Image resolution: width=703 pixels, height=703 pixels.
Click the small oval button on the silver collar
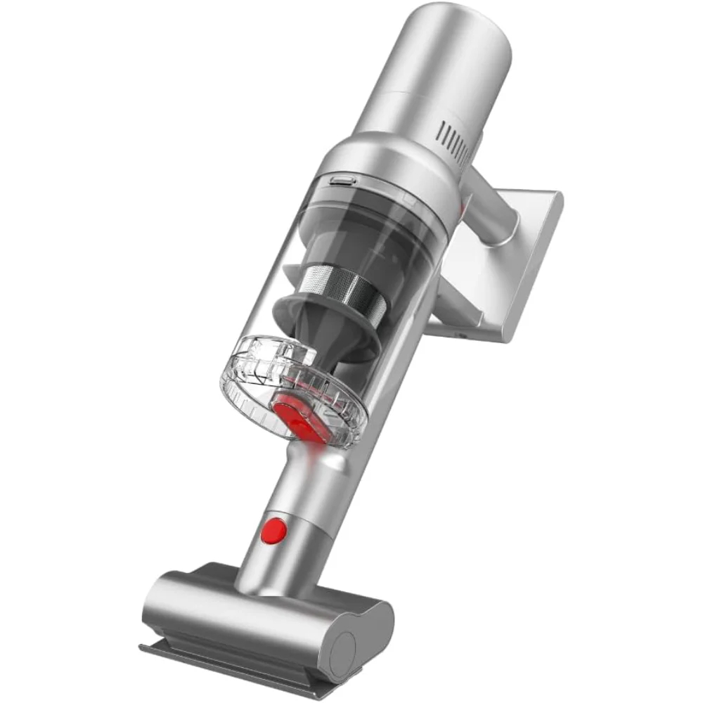click(x=340, y=181)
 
